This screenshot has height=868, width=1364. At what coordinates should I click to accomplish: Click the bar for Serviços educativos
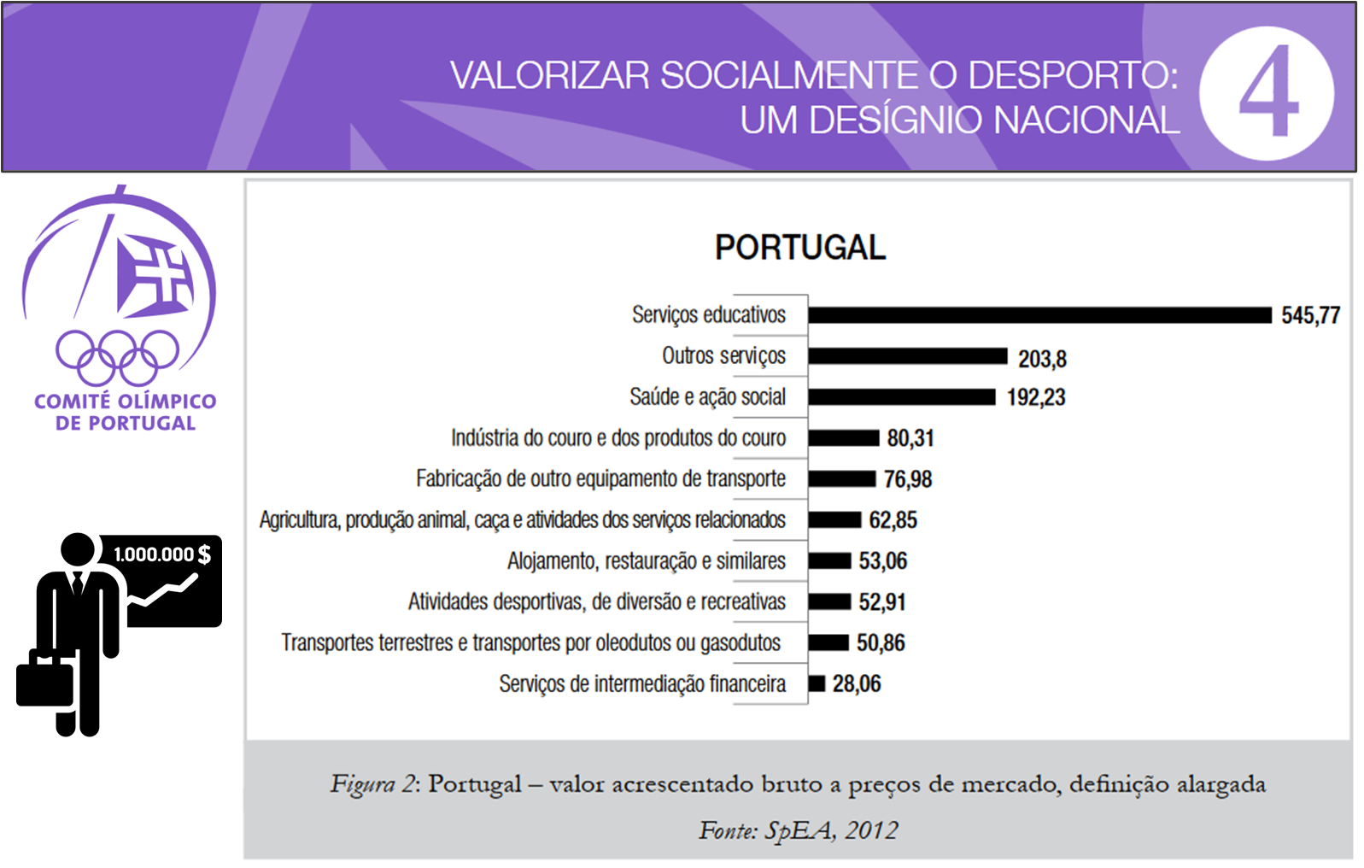pyautogui.click(x=1039, y=315)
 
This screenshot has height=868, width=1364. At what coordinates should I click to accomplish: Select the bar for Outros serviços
pyautogui.click(x=908, y=356)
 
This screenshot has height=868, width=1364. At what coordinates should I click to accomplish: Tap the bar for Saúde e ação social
pyautogui.click(x=902, y=397)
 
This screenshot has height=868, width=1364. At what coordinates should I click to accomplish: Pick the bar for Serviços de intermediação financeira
pyautogui.click(x=817, y=683)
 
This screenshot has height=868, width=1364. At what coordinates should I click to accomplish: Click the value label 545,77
pyautogui.click(x=1310, y=315)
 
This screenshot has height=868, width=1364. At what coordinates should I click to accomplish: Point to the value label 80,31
pyautogui.click(x=910, y=438)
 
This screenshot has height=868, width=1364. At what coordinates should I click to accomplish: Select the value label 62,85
pyautogui.click(x=893, y=520)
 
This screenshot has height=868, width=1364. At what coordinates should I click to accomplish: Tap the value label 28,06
pyautogui.click(x=857, y=683)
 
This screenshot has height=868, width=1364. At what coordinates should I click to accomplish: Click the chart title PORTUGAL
pyautogui.click(x=800, y=248)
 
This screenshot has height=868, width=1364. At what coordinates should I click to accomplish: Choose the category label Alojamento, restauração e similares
pyautogui.click(x=646, y=561)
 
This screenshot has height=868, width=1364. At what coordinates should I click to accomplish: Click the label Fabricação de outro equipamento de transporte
pyautogui.click(x=600, y=479)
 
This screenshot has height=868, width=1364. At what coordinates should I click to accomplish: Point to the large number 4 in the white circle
pyautogui.click(x=1268, y=93)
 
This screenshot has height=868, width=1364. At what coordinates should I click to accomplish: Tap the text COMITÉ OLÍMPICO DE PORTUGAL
pyautogui.click(x=126, y=412)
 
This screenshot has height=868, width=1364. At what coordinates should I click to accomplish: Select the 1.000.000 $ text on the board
pyautogui.click(x=162, y=554)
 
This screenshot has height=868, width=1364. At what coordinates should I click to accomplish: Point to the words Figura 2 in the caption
pyautogui.click(x=373, y=784)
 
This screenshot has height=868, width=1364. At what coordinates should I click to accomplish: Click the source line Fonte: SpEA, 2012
pyautogui.click(x=798, y=830)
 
